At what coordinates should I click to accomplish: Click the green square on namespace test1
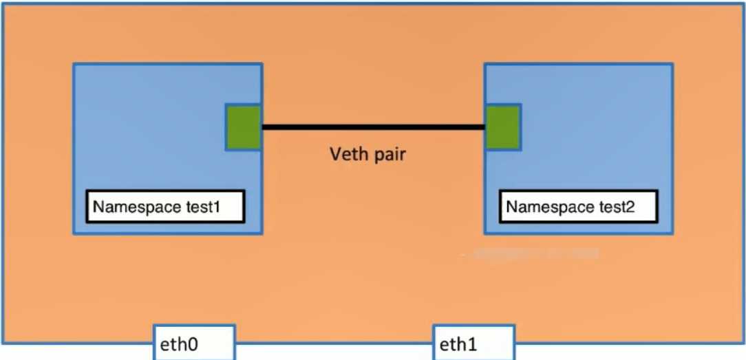pyautogui.click(x=244, y=127)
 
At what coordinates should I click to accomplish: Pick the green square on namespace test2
pyautogui.click(x=503, y=127)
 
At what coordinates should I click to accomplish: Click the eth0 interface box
pyautogui.click(x=194, y=342)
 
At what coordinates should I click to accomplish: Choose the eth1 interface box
pyautogui.click(x=473, y=342)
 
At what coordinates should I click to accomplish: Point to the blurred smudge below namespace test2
pyautogui.click(x=533, y=255)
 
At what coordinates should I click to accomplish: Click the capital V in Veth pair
pyautogui.click(x=332, y=153)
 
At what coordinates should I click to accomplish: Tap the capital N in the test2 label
pyautogui.click(x=512, y=207)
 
